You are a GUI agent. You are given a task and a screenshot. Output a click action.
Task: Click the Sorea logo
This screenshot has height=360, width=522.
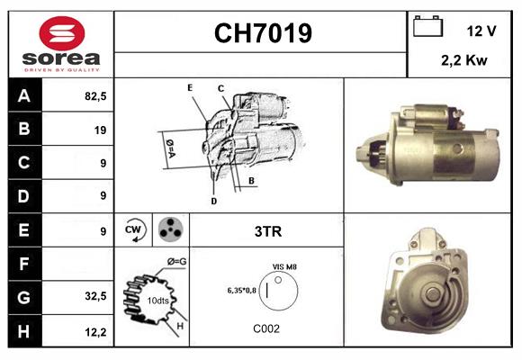click(x=61, y=45)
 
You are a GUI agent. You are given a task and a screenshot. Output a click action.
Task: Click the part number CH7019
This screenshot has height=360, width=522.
click(x=262, y=34)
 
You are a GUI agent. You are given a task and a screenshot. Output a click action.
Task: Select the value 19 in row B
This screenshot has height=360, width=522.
click(x=100, y=130)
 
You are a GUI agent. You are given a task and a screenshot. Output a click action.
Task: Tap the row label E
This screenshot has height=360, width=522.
click(x=23, y=230)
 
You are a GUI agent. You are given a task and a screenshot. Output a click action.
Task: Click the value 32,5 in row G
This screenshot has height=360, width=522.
click(x=94, y=295)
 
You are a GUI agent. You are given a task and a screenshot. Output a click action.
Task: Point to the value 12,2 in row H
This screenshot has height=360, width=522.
click(x=94, y=332)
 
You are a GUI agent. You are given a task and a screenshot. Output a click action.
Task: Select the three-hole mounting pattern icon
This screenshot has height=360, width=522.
click(x=169, y=230)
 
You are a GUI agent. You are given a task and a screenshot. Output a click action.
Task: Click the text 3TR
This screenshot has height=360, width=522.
click(x=268, y=231)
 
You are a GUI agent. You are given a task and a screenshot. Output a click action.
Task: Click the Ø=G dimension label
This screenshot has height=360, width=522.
click(x=176, y=262)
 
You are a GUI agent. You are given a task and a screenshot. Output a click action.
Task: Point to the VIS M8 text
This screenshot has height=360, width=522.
click(x=283, y=267)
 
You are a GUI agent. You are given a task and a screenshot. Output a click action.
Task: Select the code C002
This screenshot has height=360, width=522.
click(x=267, y=328)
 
